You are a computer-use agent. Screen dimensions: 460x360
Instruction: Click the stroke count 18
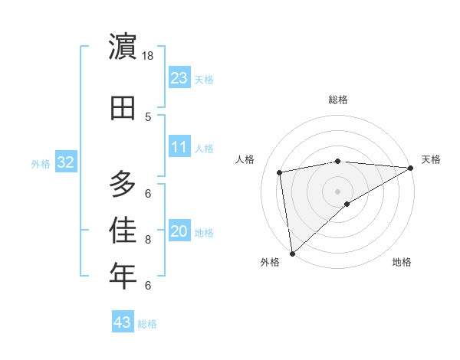(148, 56)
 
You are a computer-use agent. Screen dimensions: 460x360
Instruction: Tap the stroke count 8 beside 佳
(148, 240)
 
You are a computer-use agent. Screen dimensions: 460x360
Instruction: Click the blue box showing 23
(179, 78)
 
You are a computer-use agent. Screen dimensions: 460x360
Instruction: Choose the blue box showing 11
(179, 147)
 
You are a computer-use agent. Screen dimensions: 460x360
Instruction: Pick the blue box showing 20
(179, 231)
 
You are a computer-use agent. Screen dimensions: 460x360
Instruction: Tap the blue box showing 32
(66, 162)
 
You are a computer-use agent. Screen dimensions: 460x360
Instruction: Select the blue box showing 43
(123, 322)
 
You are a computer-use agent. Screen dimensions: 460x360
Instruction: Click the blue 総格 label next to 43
(147, 324)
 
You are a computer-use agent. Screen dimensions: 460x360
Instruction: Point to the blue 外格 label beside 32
(41, 163)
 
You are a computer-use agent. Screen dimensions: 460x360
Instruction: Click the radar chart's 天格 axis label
(431, 159)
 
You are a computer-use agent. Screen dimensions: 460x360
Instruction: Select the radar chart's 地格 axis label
(402, 263)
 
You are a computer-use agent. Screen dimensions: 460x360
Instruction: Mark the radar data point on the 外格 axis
(292, 253)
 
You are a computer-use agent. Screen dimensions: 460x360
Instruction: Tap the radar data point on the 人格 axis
(280, 172)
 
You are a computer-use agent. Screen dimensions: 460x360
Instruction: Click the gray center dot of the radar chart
(337, 191)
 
